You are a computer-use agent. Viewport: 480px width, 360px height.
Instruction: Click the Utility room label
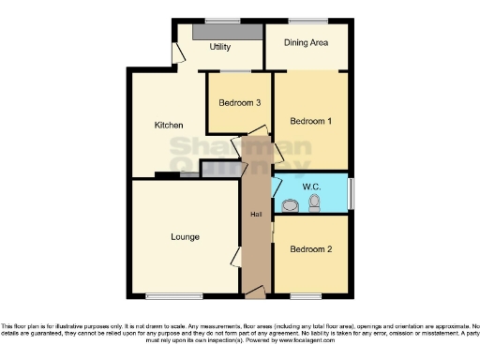tap(220, 46)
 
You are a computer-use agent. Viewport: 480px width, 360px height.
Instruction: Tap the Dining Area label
tap(307, 42)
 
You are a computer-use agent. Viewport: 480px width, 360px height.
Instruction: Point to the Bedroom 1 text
tap(309, 122)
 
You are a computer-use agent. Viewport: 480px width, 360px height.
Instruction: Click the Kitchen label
tap(168, 125)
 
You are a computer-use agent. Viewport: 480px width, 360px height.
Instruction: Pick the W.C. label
tap(312, 187)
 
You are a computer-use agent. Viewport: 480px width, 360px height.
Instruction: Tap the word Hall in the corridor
tap(255, 216)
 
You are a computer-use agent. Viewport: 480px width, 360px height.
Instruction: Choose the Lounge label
tap(185, 236)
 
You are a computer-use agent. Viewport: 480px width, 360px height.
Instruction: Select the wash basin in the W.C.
tap(287, 202)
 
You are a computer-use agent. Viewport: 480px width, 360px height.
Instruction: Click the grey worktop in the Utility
tap(227, 32)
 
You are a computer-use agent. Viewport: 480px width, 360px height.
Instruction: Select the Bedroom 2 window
tap(306, 295)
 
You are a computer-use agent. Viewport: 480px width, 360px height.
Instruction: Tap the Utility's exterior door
tap(175, 53)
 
